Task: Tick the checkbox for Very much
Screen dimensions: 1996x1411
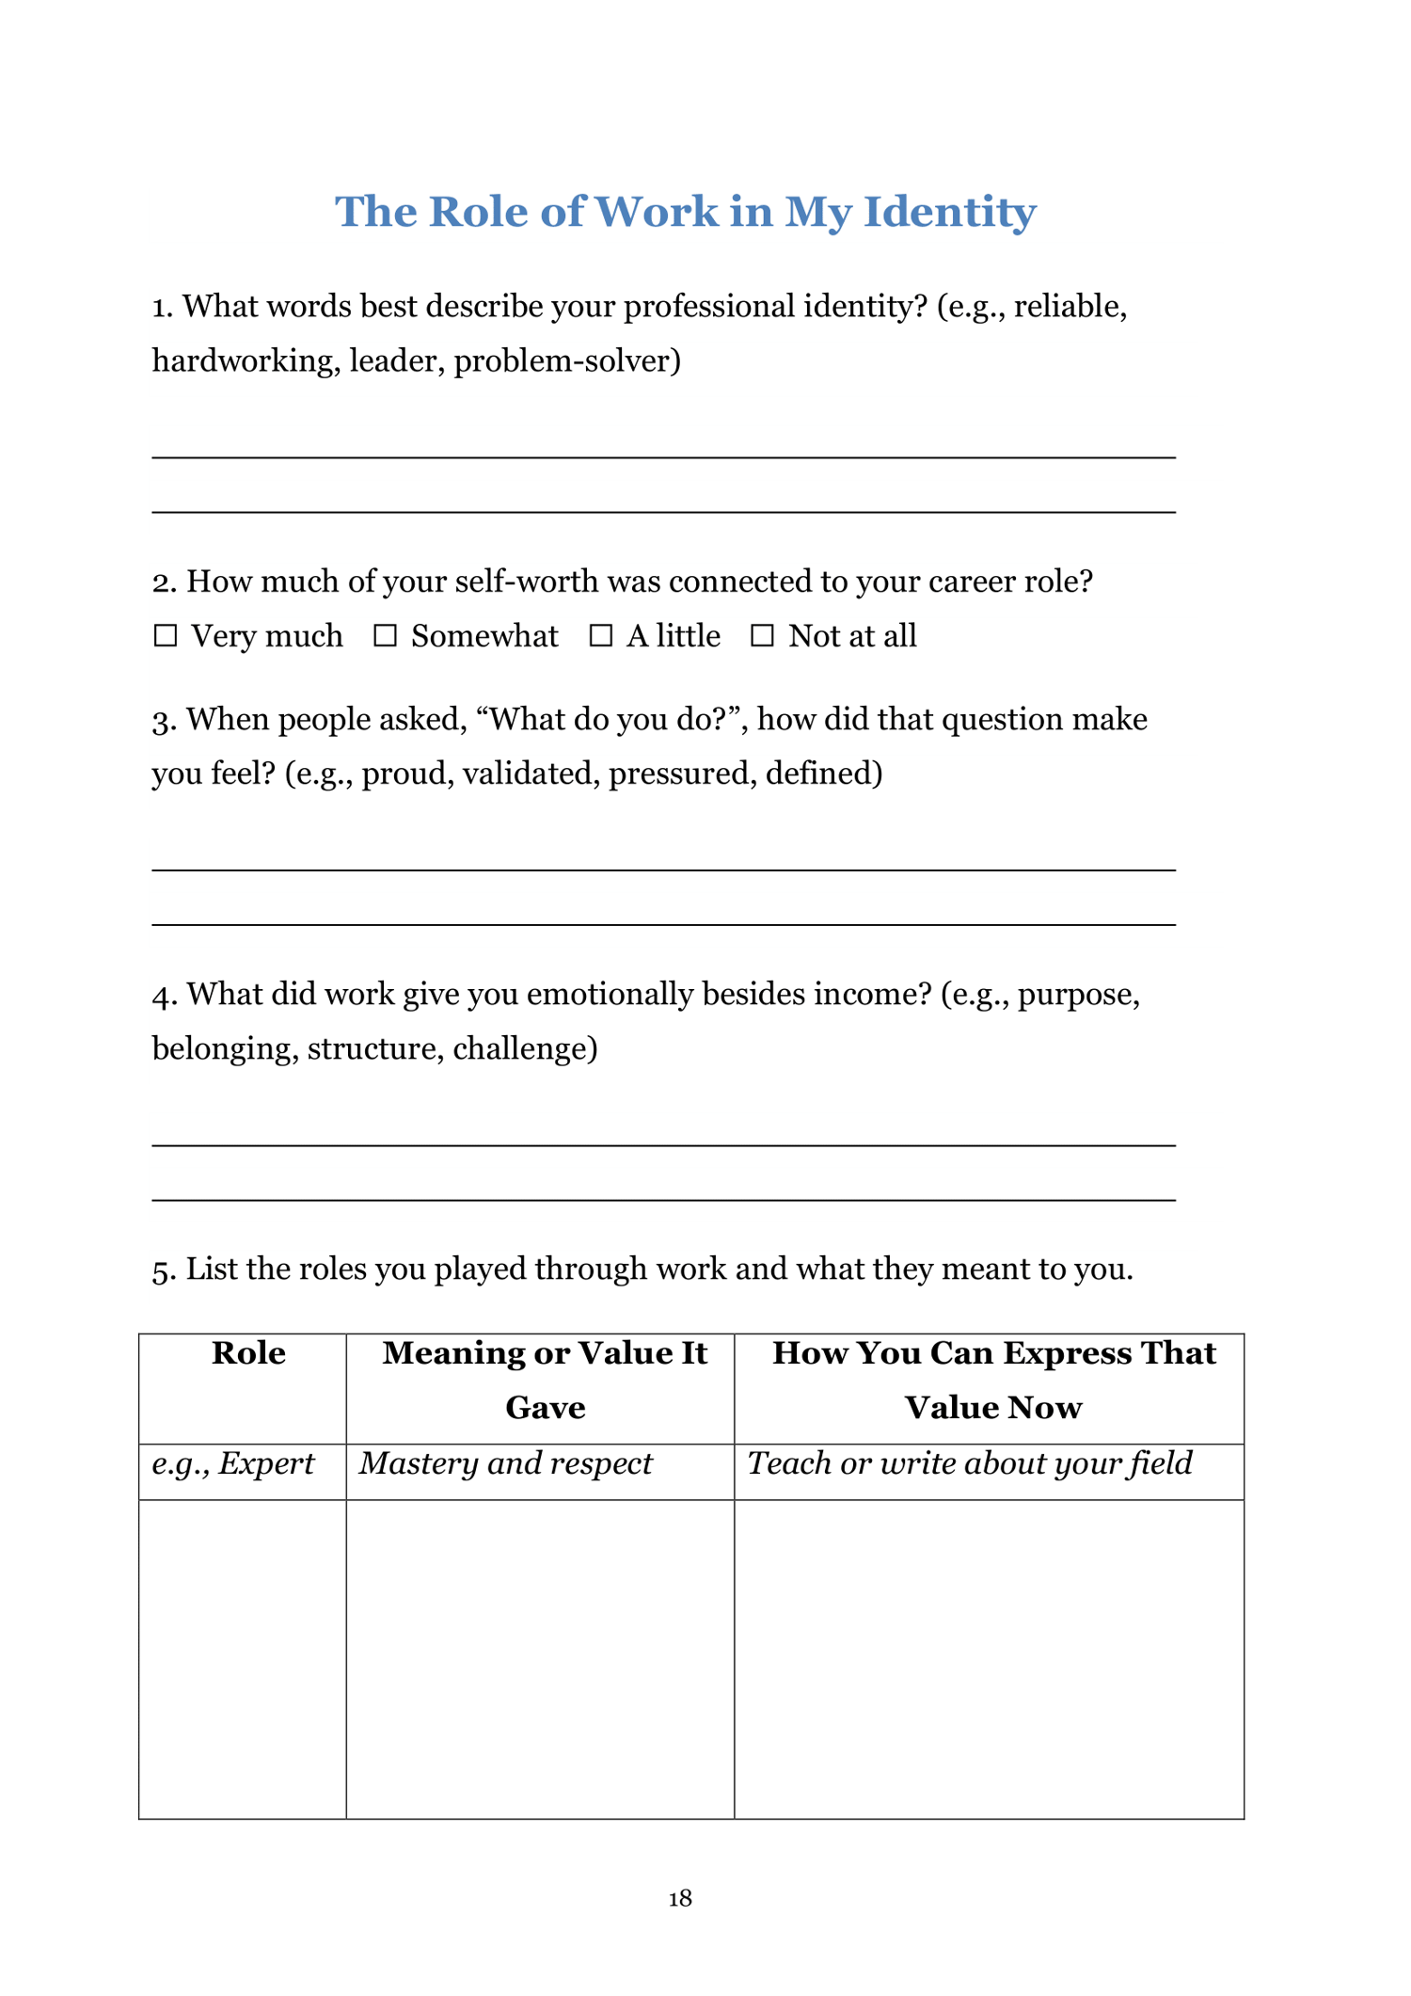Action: [166, 636]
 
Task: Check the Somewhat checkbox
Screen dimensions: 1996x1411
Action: [385, 636]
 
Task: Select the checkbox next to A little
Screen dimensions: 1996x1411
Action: [600, 636]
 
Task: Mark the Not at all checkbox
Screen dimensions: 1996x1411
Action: [762, 636]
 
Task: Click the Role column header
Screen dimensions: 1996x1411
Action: [248, 1353]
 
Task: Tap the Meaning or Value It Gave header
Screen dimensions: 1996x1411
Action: [545, 1380]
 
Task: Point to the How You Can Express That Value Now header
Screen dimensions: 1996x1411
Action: [993, 1380]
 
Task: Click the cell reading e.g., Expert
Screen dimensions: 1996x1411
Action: [233, 1463]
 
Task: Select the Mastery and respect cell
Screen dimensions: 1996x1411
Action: [506, 1463]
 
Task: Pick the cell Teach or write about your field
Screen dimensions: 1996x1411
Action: [970, 1463]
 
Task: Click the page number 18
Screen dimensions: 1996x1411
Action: [680, 1898]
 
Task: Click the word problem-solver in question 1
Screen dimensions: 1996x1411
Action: [566, 361]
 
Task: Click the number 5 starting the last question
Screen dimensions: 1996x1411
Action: [162, 1270]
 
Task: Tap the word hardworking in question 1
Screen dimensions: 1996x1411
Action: [245, 361]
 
